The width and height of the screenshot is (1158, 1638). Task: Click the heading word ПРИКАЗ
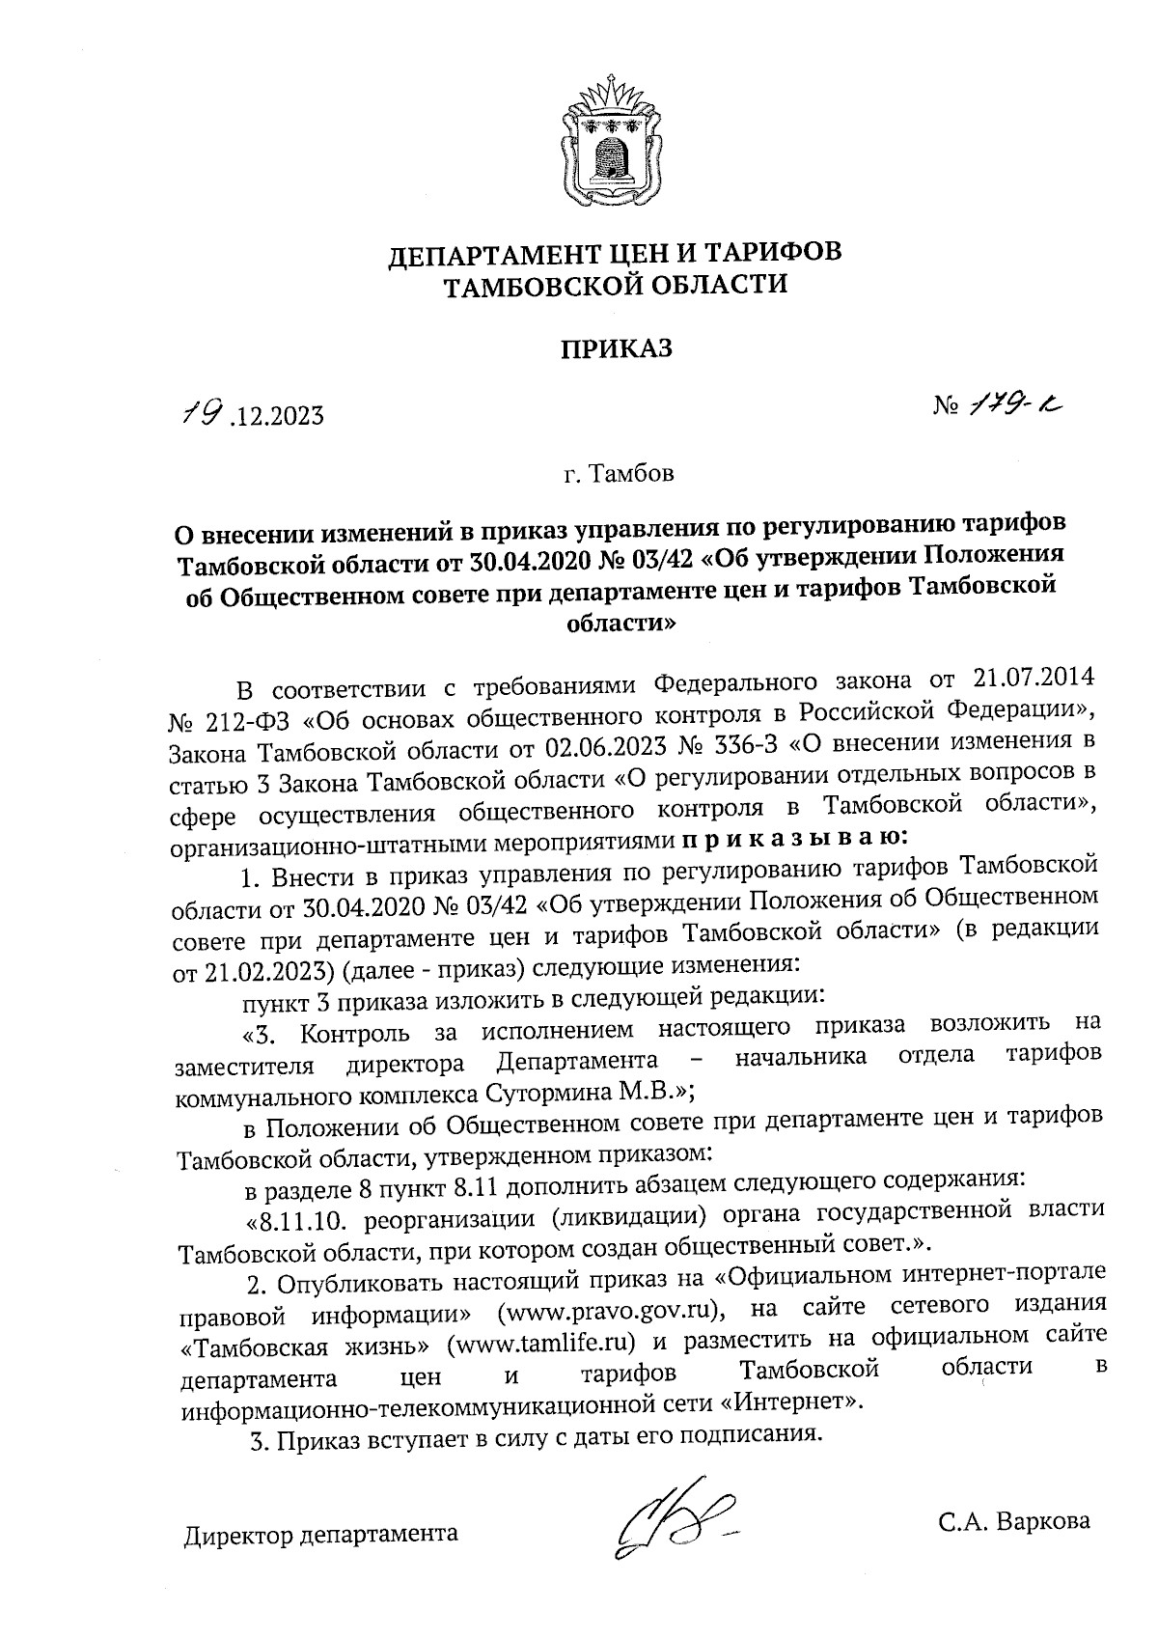tap(617, 348)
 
